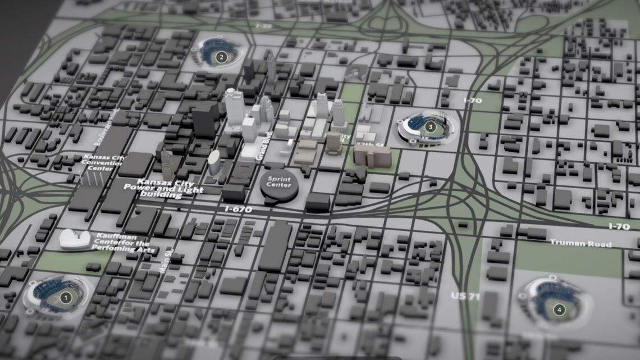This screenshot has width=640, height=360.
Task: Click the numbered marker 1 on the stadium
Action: coord(65,298)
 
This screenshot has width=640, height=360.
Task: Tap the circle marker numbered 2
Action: coord(221,57)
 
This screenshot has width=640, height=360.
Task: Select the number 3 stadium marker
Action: coord(430,127)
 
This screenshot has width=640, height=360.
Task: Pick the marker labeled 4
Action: coord(559,309)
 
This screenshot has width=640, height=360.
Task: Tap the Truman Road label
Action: coord(580,244)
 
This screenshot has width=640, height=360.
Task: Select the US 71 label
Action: coord(465,296)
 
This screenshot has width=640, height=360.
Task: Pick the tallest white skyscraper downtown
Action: coord(233,108)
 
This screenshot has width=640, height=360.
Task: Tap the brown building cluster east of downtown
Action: coord(372,156)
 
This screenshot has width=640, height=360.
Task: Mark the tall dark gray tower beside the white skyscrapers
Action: coord(204,121)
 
